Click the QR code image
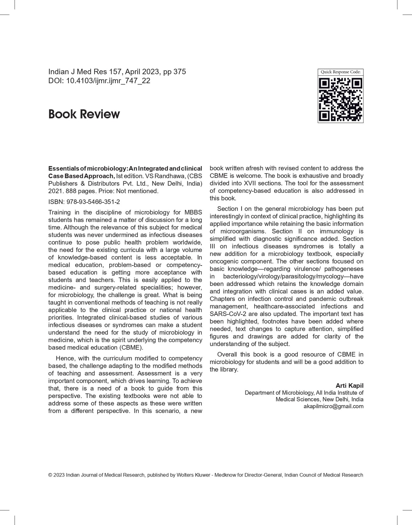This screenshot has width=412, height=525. (340, 99)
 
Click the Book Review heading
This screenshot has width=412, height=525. (84, 114)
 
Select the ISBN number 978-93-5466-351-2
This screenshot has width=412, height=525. (93, 202)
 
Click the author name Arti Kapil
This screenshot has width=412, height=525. (349, 385)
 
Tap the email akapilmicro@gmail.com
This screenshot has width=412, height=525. (333, 406)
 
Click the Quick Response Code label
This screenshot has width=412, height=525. (340, 72)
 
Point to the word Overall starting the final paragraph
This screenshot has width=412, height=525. (227, 354)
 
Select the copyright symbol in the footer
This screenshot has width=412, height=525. (50, 475)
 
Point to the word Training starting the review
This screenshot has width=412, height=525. (59, 212)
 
